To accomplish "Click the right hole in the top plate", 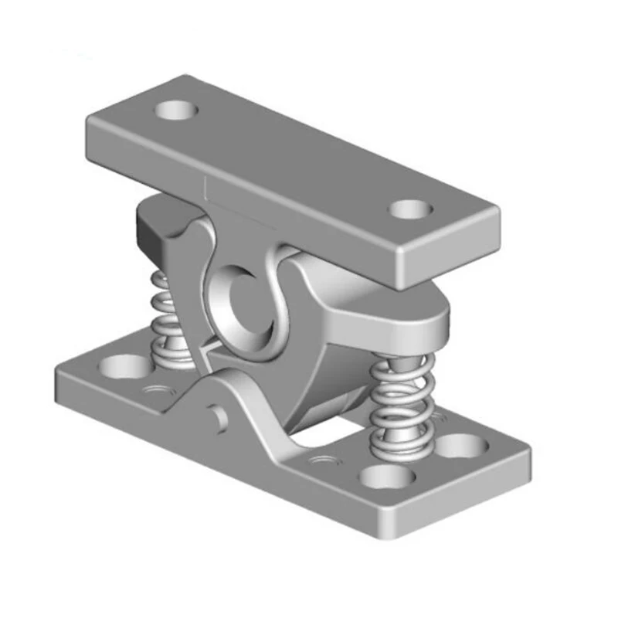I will pos(409,209).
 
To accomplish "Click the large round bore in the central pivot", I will pos(241,304).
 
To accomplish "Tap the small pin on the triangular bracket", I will pos(221,417).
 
